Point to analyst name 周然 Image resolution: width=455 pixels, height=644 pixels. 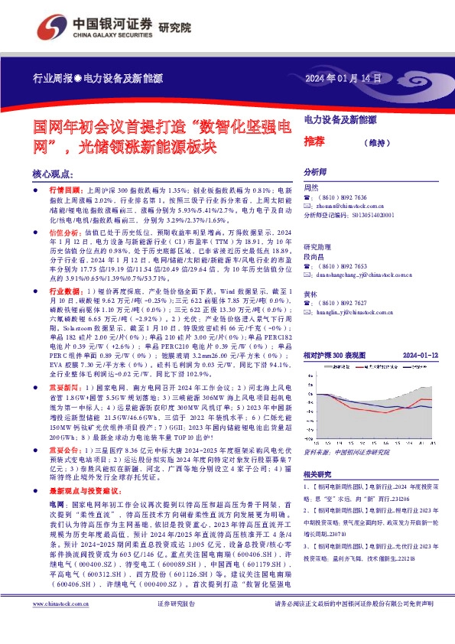(311, 187)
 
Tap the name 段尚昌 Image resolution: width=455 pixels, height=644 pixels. (316, 257)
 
